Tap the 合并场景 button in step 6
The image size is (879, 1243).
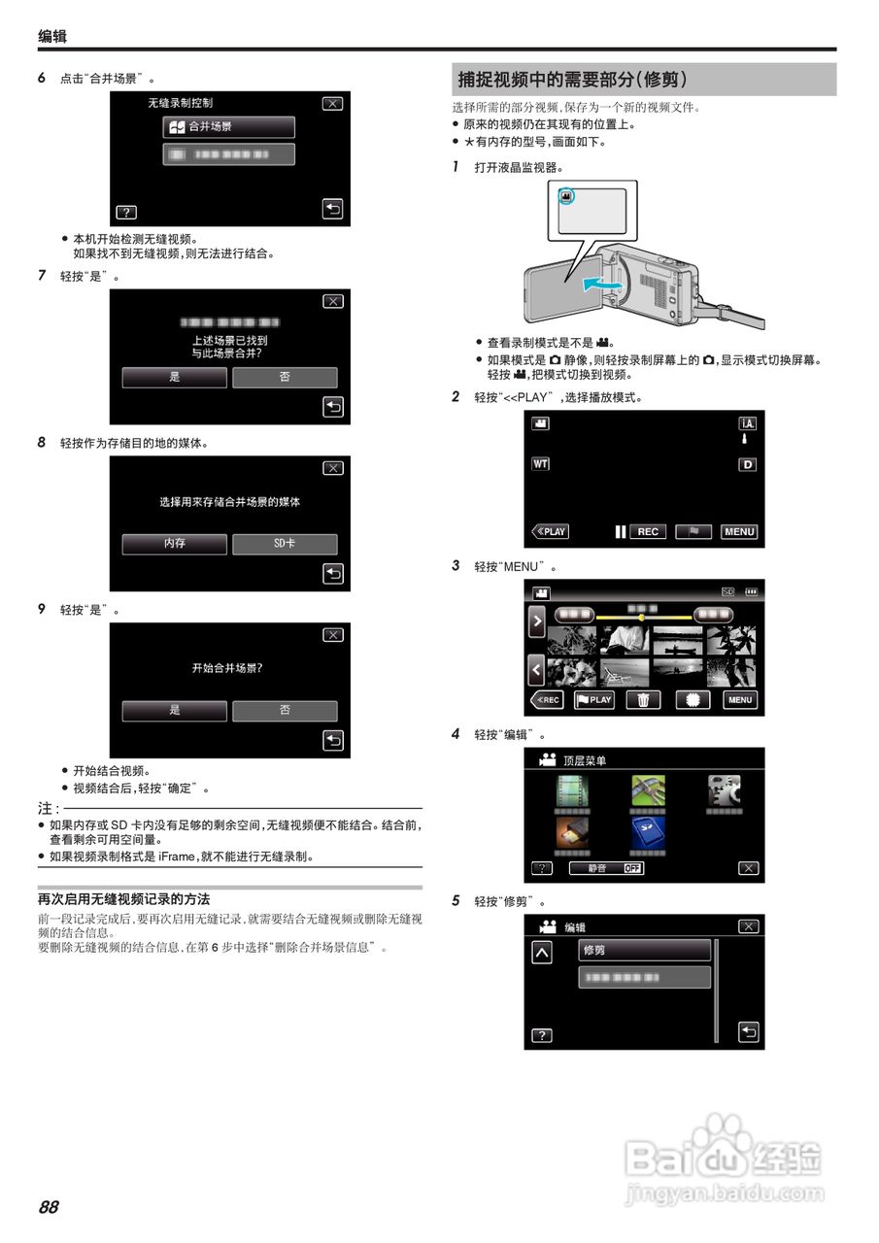point(228,127)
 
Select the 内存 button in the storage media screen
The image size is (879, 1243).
point(175,545)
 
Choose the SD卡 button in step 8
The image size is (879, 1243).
point(285,545)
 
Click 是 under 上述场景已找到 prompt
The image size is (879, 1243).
point(175,378)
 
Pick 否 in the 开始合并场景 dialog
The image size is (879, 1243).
point(285,711)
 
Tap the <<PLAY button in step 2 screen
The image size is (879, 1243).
point(551,532)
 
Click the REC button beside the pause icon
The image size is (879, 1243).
point(648,532)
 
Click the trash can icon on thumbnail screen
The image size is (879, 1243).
point(643,700)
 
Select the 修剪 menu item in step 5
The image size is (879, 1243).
point(645,950)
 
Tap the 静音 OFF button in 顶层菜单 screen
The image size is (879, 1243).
point(607,868)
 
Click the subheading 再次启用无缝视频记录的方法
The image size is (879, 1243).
point(123,899)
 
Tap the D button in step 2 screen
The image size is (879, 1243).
point(747,465)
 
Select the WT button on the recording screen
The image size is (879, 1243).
point(540,464)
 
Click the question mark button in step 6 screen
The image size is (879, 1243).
point(125,212)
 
